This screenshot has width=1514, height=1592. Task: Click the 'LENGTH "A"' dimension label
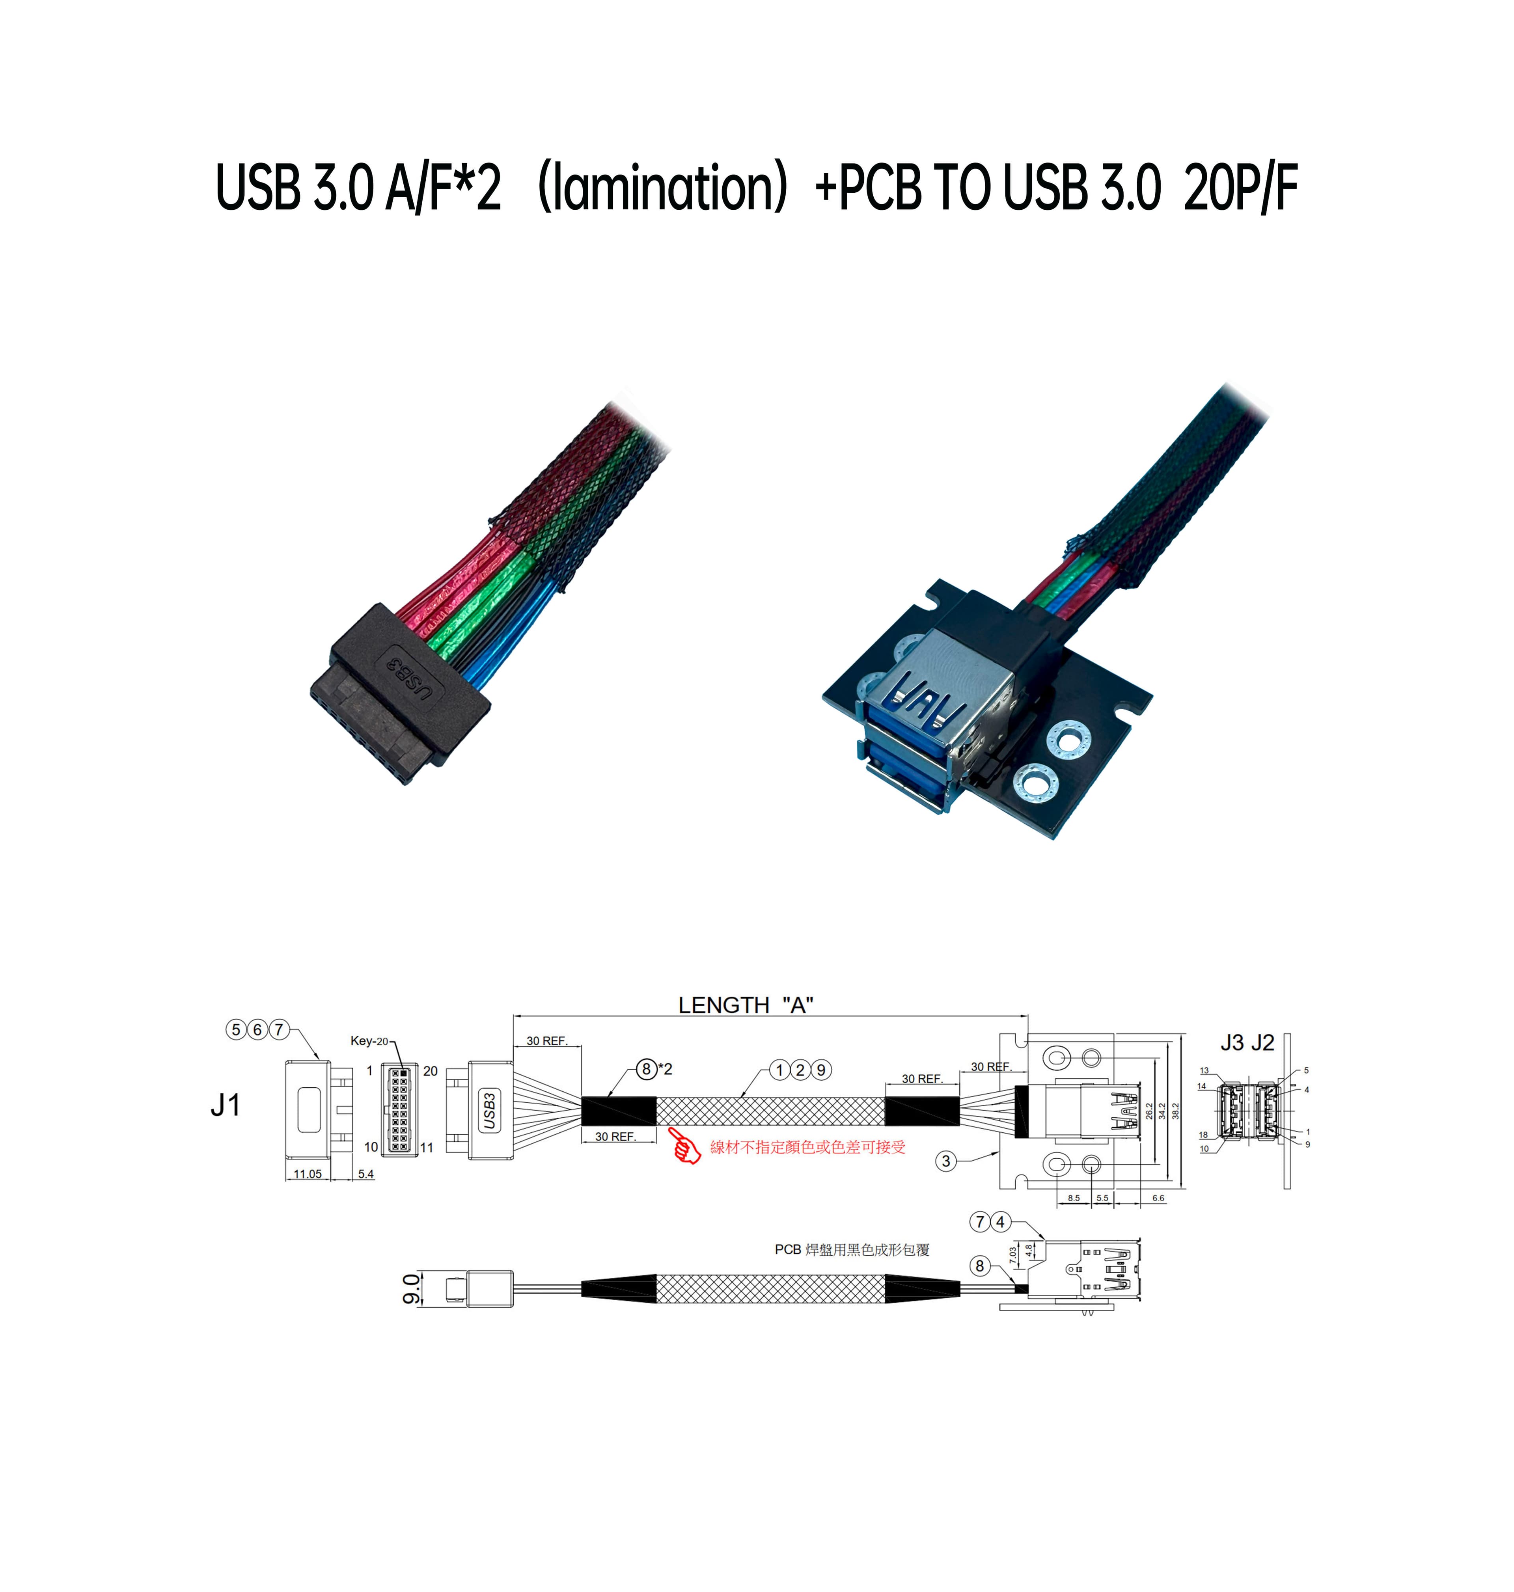coord(745,1005)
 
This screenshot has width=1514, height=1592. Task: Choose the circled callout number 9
coord(821,1070)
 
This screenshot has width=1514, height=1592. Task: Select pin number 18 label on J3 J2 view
coord(1203,1135)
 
